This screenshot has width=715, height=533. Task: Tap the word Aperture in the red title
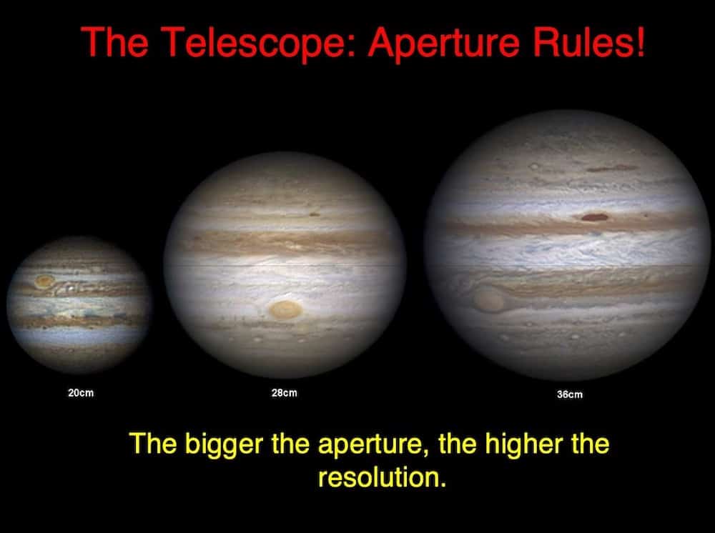(x=444, y=42)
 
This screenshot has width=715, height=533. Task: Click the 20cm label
(x=81, y=393)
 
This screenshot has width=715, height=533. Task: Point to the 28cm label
(x=284, y=393)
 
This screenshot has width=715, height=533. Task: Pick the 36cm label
(x=570, y=394)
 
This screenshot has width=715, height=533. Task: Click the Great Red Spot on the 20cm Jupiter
(x=44, y=281)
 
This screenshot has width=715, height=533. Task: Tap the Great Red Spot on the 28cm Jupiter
(x=285, y=310)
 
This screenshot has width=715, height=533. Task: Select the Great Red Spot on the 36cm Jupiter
(x=488, y=299)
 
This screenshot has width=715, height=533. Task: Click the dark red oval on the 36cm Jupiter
(x=595, y=217)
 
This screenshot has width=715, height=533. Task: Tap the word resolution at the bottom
(x=381, y=478)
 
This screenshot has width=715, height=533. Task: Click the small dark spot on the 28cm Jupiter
(x=315, y=214)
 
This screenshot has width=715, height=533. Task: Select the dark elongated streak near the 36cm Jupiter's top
(x=612, y=169)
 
